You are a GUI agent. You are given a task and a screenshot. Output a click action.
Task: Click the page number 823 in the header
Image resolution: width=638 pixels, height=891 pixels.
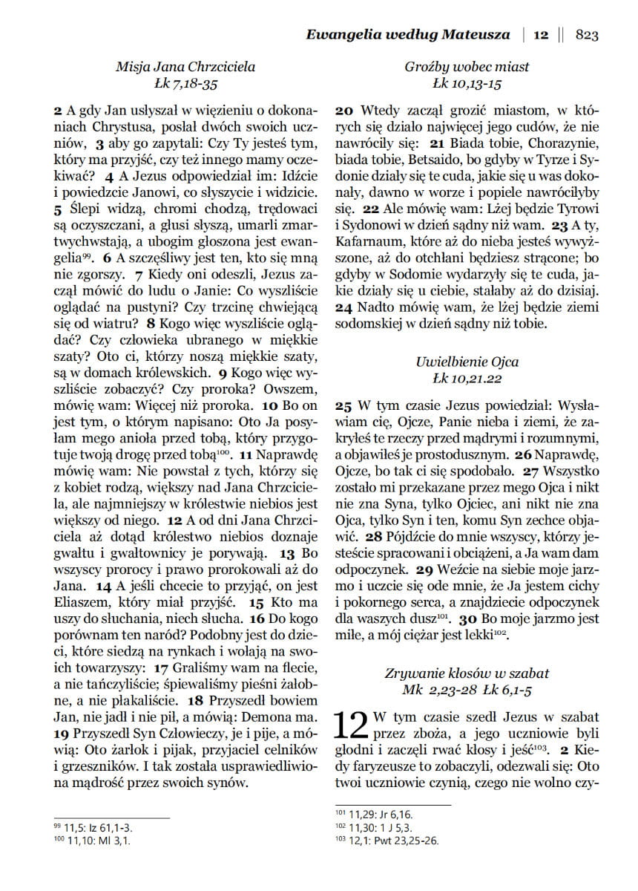coord(586,34)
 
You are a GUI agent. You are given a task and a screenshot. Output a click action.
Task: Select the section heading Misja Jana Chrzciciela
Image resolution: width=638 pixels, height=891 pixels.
coord(185,67)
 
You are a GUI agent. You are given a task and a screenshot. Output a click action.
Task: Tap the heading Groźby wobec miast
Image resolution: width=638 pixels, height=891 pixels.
coord(467,67)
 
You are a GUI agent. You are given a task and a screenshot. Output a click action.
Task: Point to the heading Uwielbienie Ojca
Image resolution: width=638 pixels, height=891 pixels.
coord(467,362)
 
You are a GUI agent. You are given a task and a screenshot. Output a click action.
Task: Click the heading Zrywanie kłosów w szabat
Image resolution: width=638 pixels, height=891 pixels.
coord(467,673)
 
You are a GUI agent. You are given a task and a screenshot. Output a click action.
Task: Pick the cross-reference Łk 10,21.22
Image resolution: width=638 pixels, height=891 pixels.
coord(467,379)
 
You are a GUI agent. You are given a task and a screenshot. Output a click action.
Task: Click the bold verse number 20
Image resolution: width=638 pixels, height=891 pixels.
coord(343,110)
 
